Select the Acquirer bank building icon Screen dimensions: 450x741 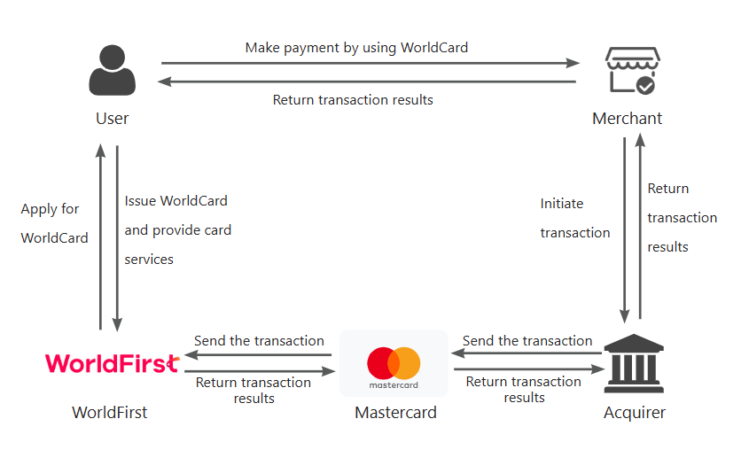pyautogui.click(x=634, y=366)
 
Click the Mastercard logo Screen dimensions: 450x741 pyautogui.click(x=394, y=365)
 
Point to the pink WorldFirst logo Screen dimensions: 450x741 pyautogui.click(x=112, y=363)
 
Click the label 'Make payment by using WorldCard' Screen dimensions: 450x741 pyautogui.click(x=356, y=47)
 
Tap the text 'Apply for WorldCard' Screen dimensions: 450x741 pyautogui.click(x=54, y=223)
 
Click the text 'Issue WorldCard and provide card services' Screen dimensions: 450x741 pyautogui.click(x=177, y=230)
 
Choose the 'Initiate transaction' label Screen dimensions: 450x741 pyautogui.click(x=575, y=218)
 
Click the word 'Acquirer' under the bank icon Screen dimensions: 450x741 pyautogui.click(x=635, y=413)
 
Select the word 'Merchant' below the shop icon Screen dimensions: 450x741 pyautogui.click(x=628, y=119)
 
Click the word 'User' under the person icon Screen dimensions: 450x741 pyautogui.click(x=113, y=119)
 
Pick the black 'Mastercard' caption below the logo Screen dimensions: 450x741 pyautogui.click(x=395, y=413)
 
